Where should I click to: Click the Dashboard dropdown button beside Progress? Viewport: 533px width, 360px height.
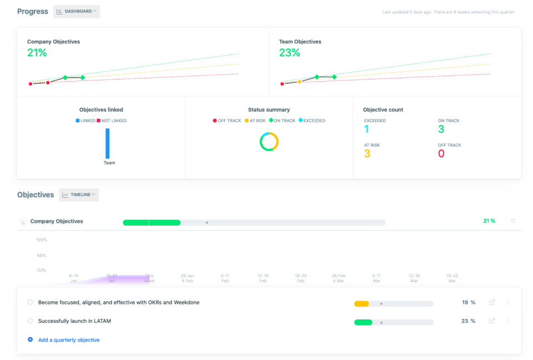coord(77,11)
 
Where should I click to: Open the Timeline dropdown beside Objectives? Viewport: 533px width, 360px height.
coord(79,194)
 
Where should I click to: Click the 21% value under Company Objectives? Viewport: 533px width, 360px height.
coord(37,53)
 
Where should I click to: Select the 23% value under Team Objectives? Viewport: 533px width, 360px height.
coord(289,53)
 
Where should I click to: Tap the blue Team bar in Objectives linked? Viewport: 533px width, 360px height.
coord(108,143)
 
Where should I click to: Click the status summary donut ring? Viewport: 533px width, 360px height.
coord(269,142)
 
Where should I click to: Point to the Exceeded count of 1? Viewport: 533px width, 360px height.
coord(366,129)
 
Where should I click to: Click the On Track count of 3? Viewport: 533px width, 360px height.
coord(441,129)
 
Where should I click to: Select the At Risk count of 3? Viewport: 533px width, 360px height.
coord(367,154)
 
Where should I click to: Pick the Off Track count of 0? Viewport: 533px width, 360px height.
coord(441,154)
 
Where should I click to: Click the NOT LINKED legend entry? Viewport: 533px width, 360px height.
coord(112,121)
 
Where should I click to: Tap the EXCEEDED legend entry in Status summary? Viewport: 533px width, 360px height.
coord(311,121)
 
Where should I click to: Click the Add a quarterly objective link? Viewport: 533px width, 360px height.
coord(69,340)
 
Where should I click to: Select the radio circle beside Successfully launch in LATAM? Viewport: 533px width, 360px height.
coord(30,321)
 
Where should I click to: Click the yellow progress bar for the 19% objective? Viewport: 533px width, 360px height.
coord(361,304)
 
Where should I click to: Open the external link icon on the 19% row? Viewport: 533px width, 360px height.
coord(492,303)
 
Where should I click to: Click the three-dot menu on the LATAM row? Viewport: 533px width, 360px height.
coord(507,321)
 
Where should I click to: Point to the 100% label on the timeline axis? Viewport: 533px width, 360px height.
coord(42,240)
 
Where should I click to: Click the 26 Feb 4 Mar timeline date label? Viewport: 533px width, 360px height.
coord(339,278)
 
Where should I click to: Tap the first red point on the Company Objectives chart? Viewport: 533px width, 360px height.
coord(31,84)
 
